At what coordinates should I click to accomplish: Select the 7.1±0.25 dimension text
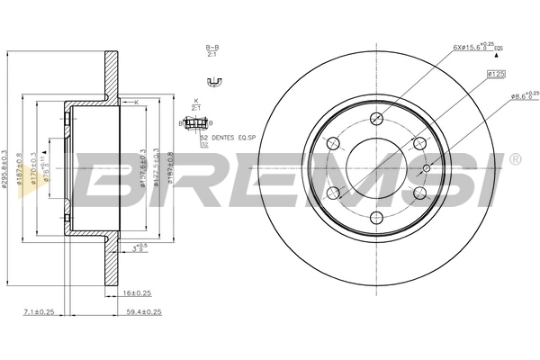pyautogui.click(x=40, y=312)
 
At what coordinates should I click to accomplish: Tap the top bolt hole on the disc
pyautogui.click(x=375, y=119)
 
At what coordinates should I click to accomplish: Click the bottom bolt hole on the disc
pyautogui.click(x=375, y=215)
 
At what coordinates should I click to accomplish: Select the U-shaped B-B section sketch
pyautogui.click(x=213, y=83)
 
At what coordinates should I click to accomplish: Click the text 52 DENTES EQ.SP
pyautogui.click(x=231, y=138)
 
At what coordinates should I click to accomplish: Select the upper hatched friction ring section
pyautogui.click(x=111, y=72)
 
